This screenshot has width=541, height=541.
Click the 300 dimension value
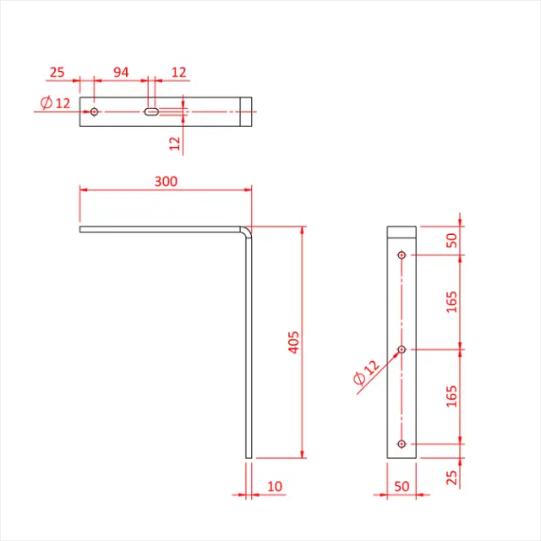(x=166, y=181)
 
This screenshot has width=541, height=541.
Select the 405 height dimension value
(x=293, y=342)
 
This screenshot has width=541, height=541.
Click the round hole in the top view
(x=95, y=112)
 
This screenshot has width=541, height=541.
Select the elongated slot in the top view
(x=152, y=112)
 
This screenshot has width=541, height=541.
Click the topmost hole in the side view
(x=402, y=254)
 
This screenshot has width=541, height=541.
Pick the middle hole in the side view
(x=402, y=348)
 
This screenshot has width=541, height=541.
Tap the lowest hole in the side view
(x=402, y=443)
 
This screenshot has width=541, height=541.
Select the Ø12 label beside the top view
(x=56, y=103)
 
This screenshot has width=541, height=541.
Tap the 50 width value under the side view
(x=402, y=487)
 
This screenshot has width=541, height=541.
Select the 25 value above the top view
(x=57, y=73)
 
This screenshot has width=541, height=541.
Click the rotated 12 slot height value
(x=175, y=143)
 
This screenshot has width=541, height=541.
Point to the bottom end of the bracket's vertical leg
(x=249, y=456)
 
